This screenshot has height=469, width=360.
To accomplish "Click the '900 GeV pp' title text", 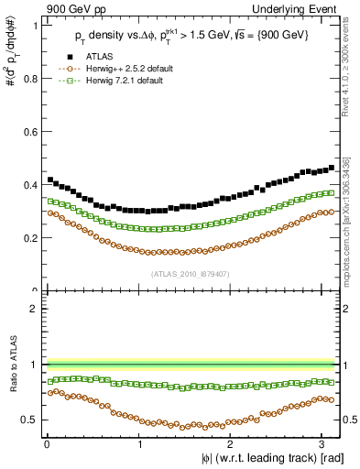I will pos(71,8).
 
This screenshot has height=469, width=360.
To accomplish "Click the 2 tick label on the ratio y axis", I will pos(35,309).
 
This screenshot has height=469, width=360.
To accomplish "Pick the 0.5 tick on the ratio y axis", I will pos(32,420).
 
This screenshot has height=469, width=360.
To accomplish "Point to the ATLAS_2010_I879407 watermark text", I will pos(191,274).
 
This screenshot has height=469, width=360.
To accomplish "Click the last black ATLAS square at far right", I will pos(331,168).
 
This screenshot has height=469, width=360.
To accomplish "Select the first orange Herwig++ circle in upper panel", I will pos(49,213).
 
